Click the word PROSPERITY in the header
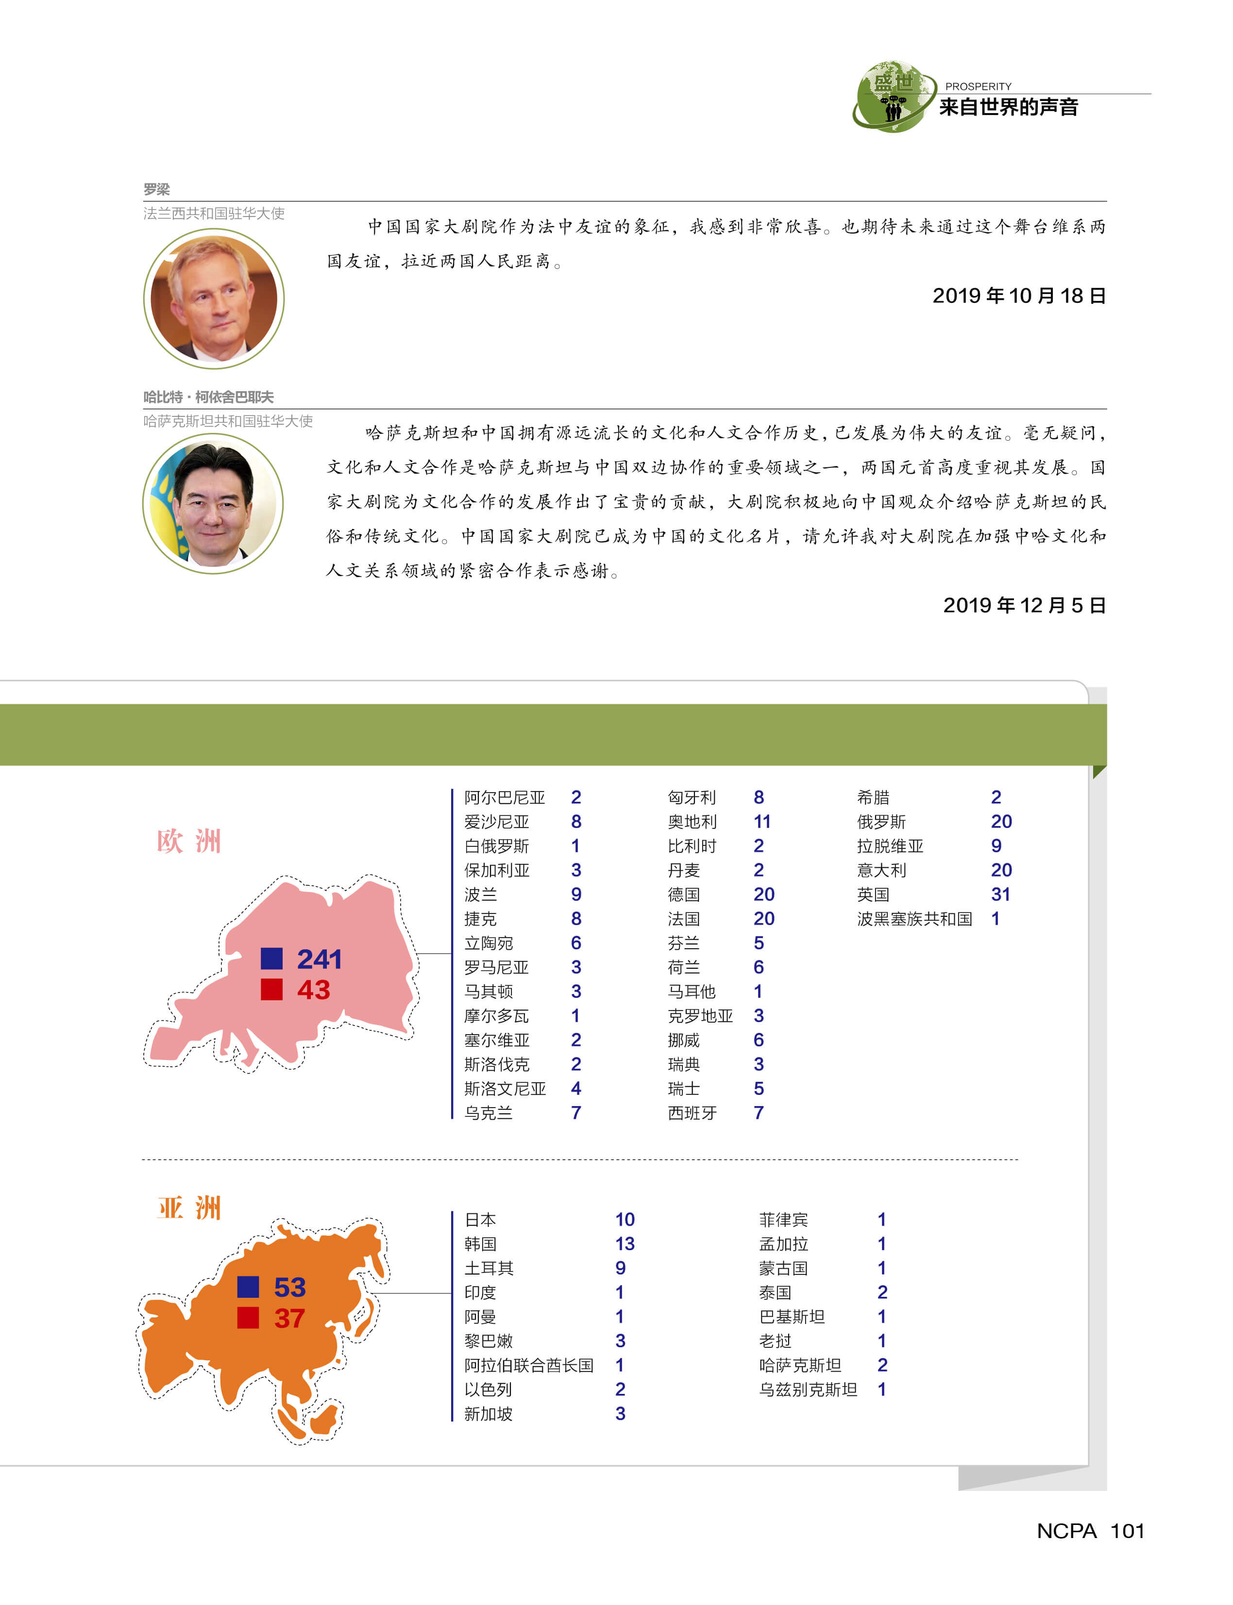click(978, 86)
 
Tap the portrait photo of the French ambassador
click(214, 298)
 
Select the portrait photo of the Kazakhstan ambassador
click(213, 503)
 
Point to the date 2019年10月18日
click(1019, 296)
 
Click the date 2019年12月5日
click(1024, 605)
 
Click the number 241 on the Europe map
click(319, 959)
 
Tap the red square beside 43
click(271, 990)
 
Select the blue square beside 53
click(248, 1287)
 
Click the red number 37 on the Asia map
click(289, 1318)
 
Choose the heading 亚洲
click(188, 1208)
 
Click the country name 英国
click(873, 894)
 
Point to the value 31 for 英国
click(1000, 894)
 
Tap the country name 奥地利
click(692, 822)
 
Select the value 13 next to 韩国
click(625, 1243)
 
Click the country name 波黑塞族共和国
click(914, 918)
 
